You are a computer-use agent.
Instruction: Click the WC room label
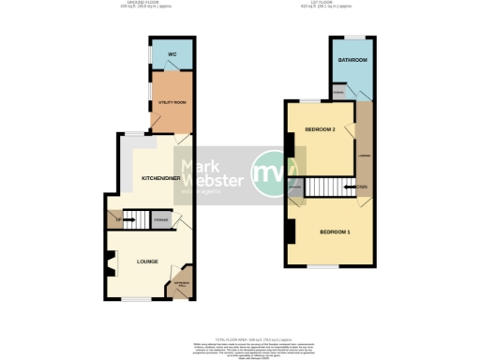pos(172,55)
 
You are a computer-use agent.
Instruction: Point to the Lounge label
pos(146,261)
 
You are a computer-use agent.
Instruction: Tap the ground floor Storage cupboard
pos(161,220)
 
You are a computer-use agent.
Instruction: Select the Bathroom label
pos(352,60)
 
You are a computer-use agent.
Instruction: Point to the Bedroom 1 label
pos(334,232)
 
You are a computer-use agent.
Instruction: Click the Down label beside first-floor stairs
pos(361,187)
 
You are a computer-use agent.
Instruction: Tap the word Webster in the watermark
pos(218,179)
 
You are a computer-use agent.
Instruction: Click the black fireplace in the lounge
pos(108,267)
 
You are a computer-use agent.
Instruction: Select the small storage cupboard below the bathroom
pos(338,93)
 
